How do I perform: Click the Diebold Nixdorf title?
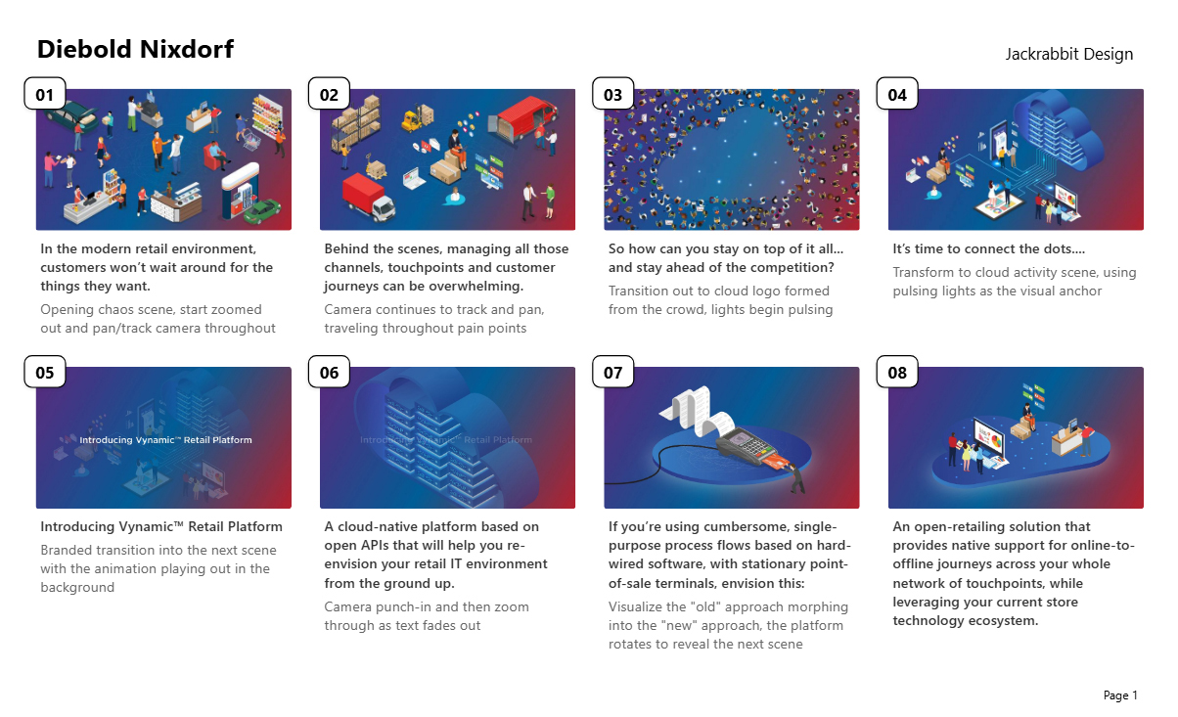coord(135,50)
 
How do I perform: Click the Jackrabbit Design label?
coord(1069,54)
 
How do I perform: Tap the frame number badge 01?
coord(45,94)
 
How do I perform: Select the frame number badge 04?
coord(897,94)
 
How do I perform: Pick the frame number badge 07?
coord(613,372)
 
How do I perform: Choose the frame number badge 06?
coord(329,372)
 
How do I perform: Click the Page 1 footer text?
coord(1120,695)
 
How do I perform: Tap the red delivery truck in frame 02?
coord(368,198)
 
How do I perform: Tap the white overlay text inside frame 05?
coord(165,440)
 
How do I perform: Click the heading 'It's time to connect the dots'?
coord(988,248)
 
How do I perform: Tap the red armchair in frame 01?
coord(214,157)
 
